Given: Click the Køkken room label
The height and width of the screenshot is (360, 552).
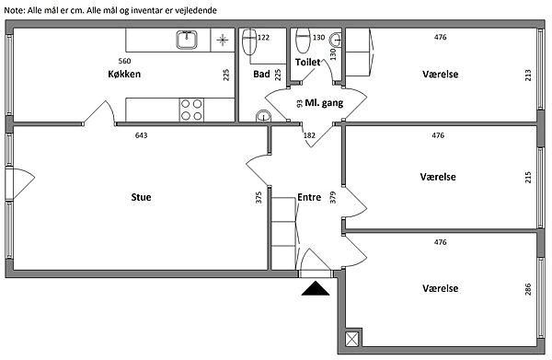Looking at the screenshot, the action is (124, 74).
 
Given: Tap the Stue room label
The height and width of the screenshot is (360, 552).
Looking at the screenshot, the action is (141, 197).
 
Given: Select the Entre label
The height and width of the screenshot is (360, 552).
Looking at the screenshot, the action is (309, 197).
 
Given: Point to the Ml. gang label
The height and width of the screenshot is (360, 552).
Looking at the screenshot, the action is (324, 103).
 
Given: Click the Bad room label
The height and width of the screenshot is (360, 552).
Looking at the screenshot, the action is (261, 74).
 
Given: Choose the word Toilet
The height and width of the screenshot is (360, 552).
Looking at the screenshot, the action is (307, 63).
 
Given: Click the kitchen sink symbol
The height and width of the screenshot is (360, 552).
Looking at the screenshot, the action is (187, 40).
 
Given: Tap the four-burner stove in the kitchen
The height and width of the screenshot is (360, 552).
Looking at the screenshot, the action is (191, 110).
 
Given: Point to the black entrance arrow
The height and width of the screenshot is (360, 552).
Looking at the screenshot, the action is (316, 288).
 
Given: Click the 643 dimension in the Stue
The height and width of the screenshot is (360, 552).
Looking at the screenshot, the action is (141, 135).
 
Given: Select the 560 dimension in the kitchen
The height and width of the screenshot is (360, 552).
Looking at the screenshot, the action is (124, 61).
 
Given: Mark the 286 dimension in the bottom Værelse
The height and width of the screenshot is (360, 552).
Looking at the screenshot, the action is (528, 289).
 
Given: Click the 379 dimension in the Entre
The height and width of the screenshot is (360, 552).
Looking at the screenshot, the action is (333, 197).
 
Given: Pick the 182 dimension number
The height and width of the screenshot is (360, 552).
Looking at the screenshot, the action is (309, 135).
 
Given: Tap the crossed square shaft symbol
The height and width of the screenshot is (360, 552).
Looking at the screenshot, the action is (352, 339).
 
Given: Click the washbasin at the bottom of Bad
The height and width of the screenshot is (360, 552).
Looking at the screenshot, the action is (262, 116).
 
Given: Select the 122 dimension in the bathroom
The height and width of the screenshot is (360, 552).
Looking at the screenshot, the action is (263, 38).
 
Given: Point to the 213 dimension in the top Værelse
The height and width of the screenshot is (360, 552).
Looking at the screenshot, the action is (528, 75).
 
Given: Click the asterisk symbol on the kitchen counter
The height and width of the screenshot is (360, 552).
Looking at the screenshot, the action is (222, 41).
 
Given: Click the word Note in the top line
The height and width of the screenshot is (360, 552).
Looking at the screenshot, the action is (14, 10).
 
